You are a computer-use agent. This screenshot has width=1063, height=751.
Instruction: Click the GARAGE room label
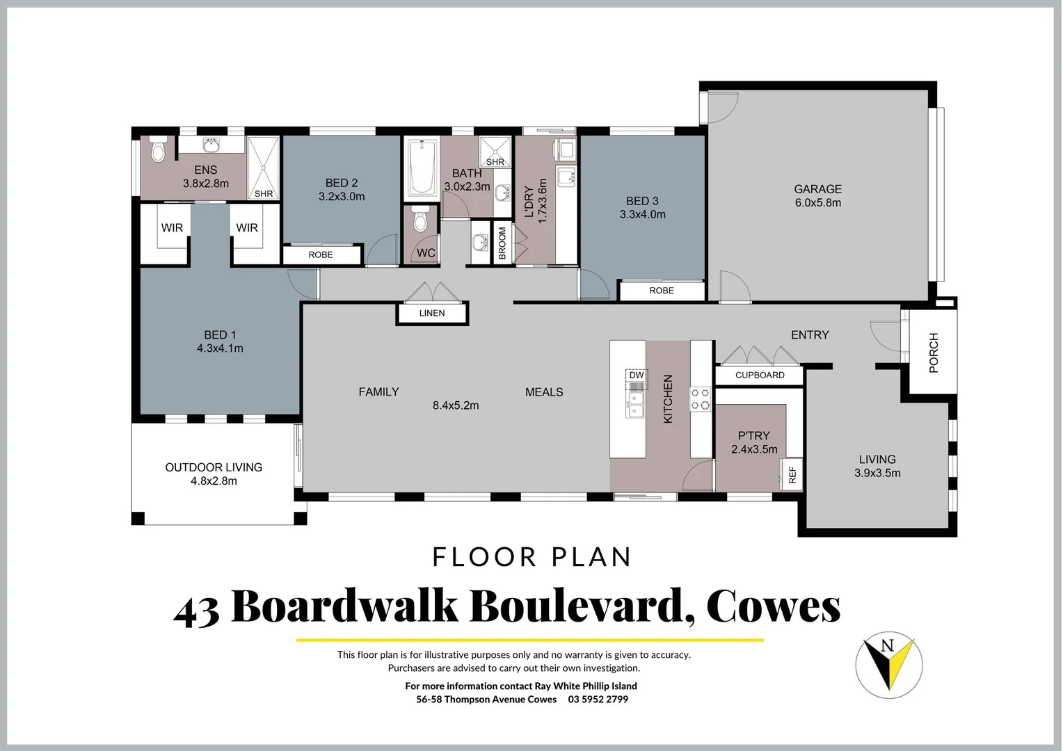(817, 189)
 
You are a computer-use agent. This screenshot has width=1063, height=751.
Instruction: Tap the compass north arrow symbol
(888, 665)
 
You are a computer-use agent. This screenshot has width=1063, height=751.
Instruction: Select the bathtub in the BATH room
(422, 168)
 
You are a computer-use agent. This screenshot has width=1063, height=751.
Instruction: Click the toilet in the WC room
(419, 220)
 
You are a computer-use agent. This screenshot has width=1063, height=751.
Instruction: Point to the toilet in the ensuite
(158, 150)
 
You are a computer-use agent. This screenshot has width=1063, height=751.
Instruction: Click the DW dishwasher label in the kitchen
(636, 375)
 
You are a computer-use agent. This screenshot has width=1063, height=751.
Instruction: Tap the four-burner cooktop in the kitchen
(700, 399)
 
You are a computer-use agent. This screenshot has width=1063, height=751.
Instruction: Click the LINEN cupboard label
(431, 314)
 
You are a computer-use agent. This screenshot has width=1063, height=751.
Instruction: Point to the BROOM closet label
(502, 243)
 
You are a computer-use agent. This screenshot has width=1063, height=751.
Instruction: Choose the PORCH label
(934, 353)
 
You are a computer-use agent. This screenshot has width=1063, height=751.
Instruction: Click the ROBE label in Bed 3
(661, 291)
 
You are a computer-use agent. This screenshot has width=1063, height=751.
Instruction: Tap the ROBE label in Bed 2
(320, 255)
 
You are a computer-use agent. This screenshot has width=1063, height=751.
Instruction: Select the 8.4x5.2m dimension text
(456, 405)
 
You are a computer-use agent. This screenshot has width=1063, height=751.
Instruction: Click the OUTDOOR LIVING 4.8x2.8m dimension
(214, 481)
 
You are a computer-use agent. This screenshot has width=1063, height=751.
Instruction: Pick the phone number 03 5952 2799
(598, 700)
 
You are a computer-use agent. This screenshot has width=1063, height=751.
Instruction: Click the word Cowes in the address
(773, 606)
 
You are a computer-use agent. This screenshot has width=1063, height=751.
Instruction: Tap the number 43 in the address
(196, 610)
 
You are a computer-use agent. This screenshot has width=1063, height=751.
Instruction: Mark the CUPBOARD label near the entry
(760, 375)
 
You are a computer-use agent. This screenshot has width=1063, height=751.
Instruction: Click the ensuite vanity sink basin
(211, 145)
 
